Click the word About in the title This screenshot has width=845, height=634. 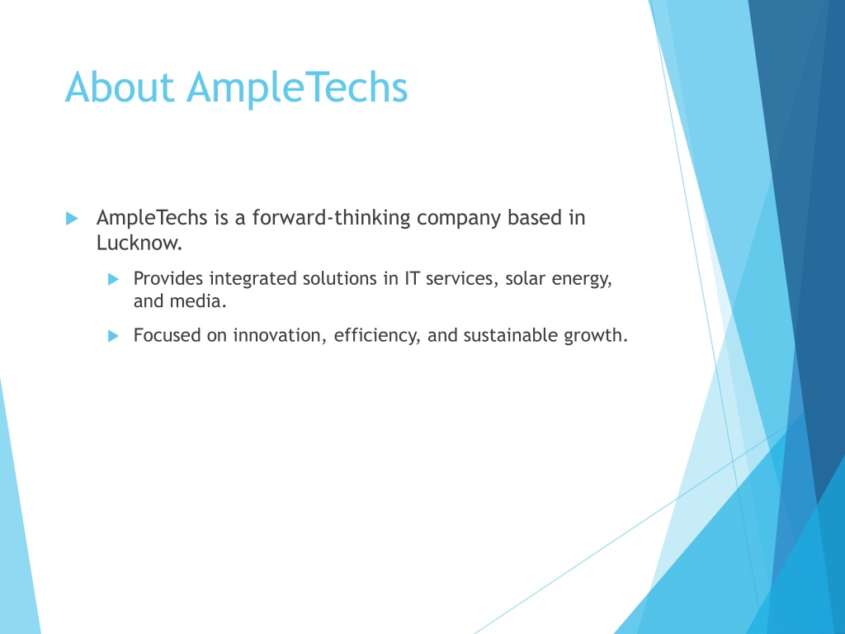click(120, 87)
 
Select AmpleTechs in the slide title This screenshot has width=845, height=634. click(297, 90)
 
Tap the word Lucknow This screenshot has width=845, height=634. click(139, 243)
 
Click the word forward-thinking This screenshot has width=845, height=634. click(332, 217)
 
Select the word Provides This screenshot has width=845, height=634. click(168, 278)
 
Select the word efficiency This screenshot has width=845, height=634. click(376, 336)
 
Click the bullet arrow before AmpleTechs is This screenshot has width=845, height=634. click(72, 218)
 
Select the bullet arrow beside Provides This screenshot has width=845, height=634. click(113, 279)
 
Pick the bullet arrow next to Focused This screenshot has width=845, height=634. click(113, 336)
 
